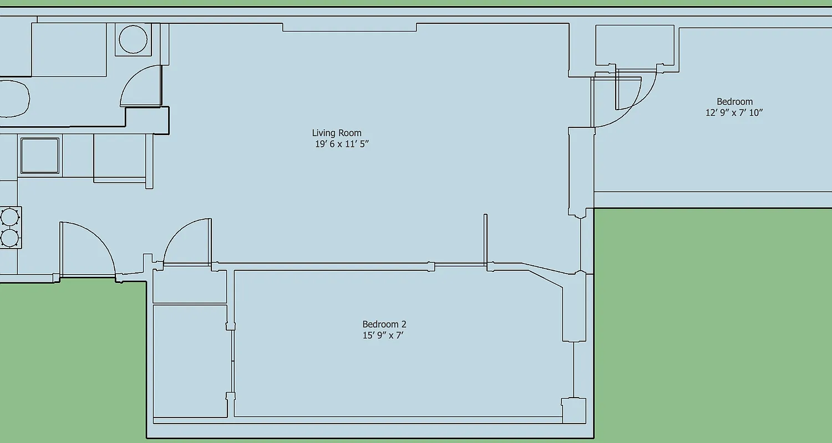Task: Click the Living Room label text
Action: pos(336,133)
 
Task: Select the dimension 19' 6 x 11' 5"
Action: pos(342,145)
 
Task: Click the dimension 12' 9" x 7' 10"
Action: pos(734,113)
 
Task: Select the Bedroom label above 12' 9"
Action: pos(734,102)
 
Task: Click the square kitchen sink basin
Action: pos(39,156)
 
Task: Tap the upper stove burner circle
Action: pos(9,216)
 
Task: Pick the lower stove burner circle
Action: pos(9,238)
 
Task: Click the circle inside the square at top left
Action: pos(133,40)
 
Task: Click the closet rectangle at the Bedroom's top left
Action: pos(635,45)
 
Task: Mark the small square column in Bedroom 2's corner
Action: pos(574,410)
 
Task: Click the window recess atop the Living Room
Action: pos(349,27)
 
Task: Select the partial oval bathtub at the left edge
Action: pos(13,99)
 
